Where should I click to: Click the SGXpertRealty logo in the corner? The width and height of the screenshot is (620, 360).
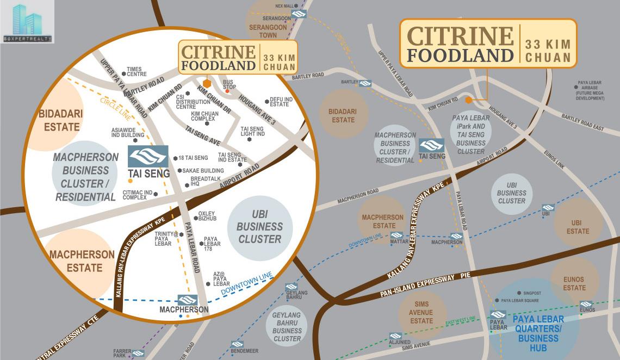(27, 22)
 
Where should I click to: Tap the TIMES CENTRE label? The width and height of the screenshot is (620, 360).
(137, 72)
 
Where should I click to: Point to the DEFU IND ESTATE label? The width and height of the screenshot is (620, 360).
(281, 102)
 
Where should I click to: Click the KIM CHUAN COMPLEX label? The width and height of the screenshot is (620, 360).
(203, 116)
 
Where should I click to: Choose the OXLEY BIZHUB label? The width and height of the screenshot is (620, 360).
(207, 216)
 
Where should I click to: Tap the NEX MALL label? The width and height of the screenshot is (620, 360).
(284, 6)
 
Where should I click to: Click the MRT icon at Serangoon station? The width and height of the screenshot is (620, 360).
(298, 14)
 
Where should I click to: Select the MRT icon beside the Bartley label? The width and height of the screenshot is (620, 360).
(365, 83)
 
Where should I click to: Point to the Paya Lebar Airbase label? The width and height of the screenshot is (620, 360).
(590, 92)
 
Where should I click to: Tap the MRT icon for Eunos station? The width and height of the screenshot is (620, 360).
(586, 304)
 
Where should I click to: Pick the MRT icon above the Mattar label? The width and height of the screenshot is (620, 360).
(396, 235)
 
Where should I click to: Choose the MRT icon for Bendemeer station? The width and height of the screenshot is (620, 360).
(237, 344)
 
